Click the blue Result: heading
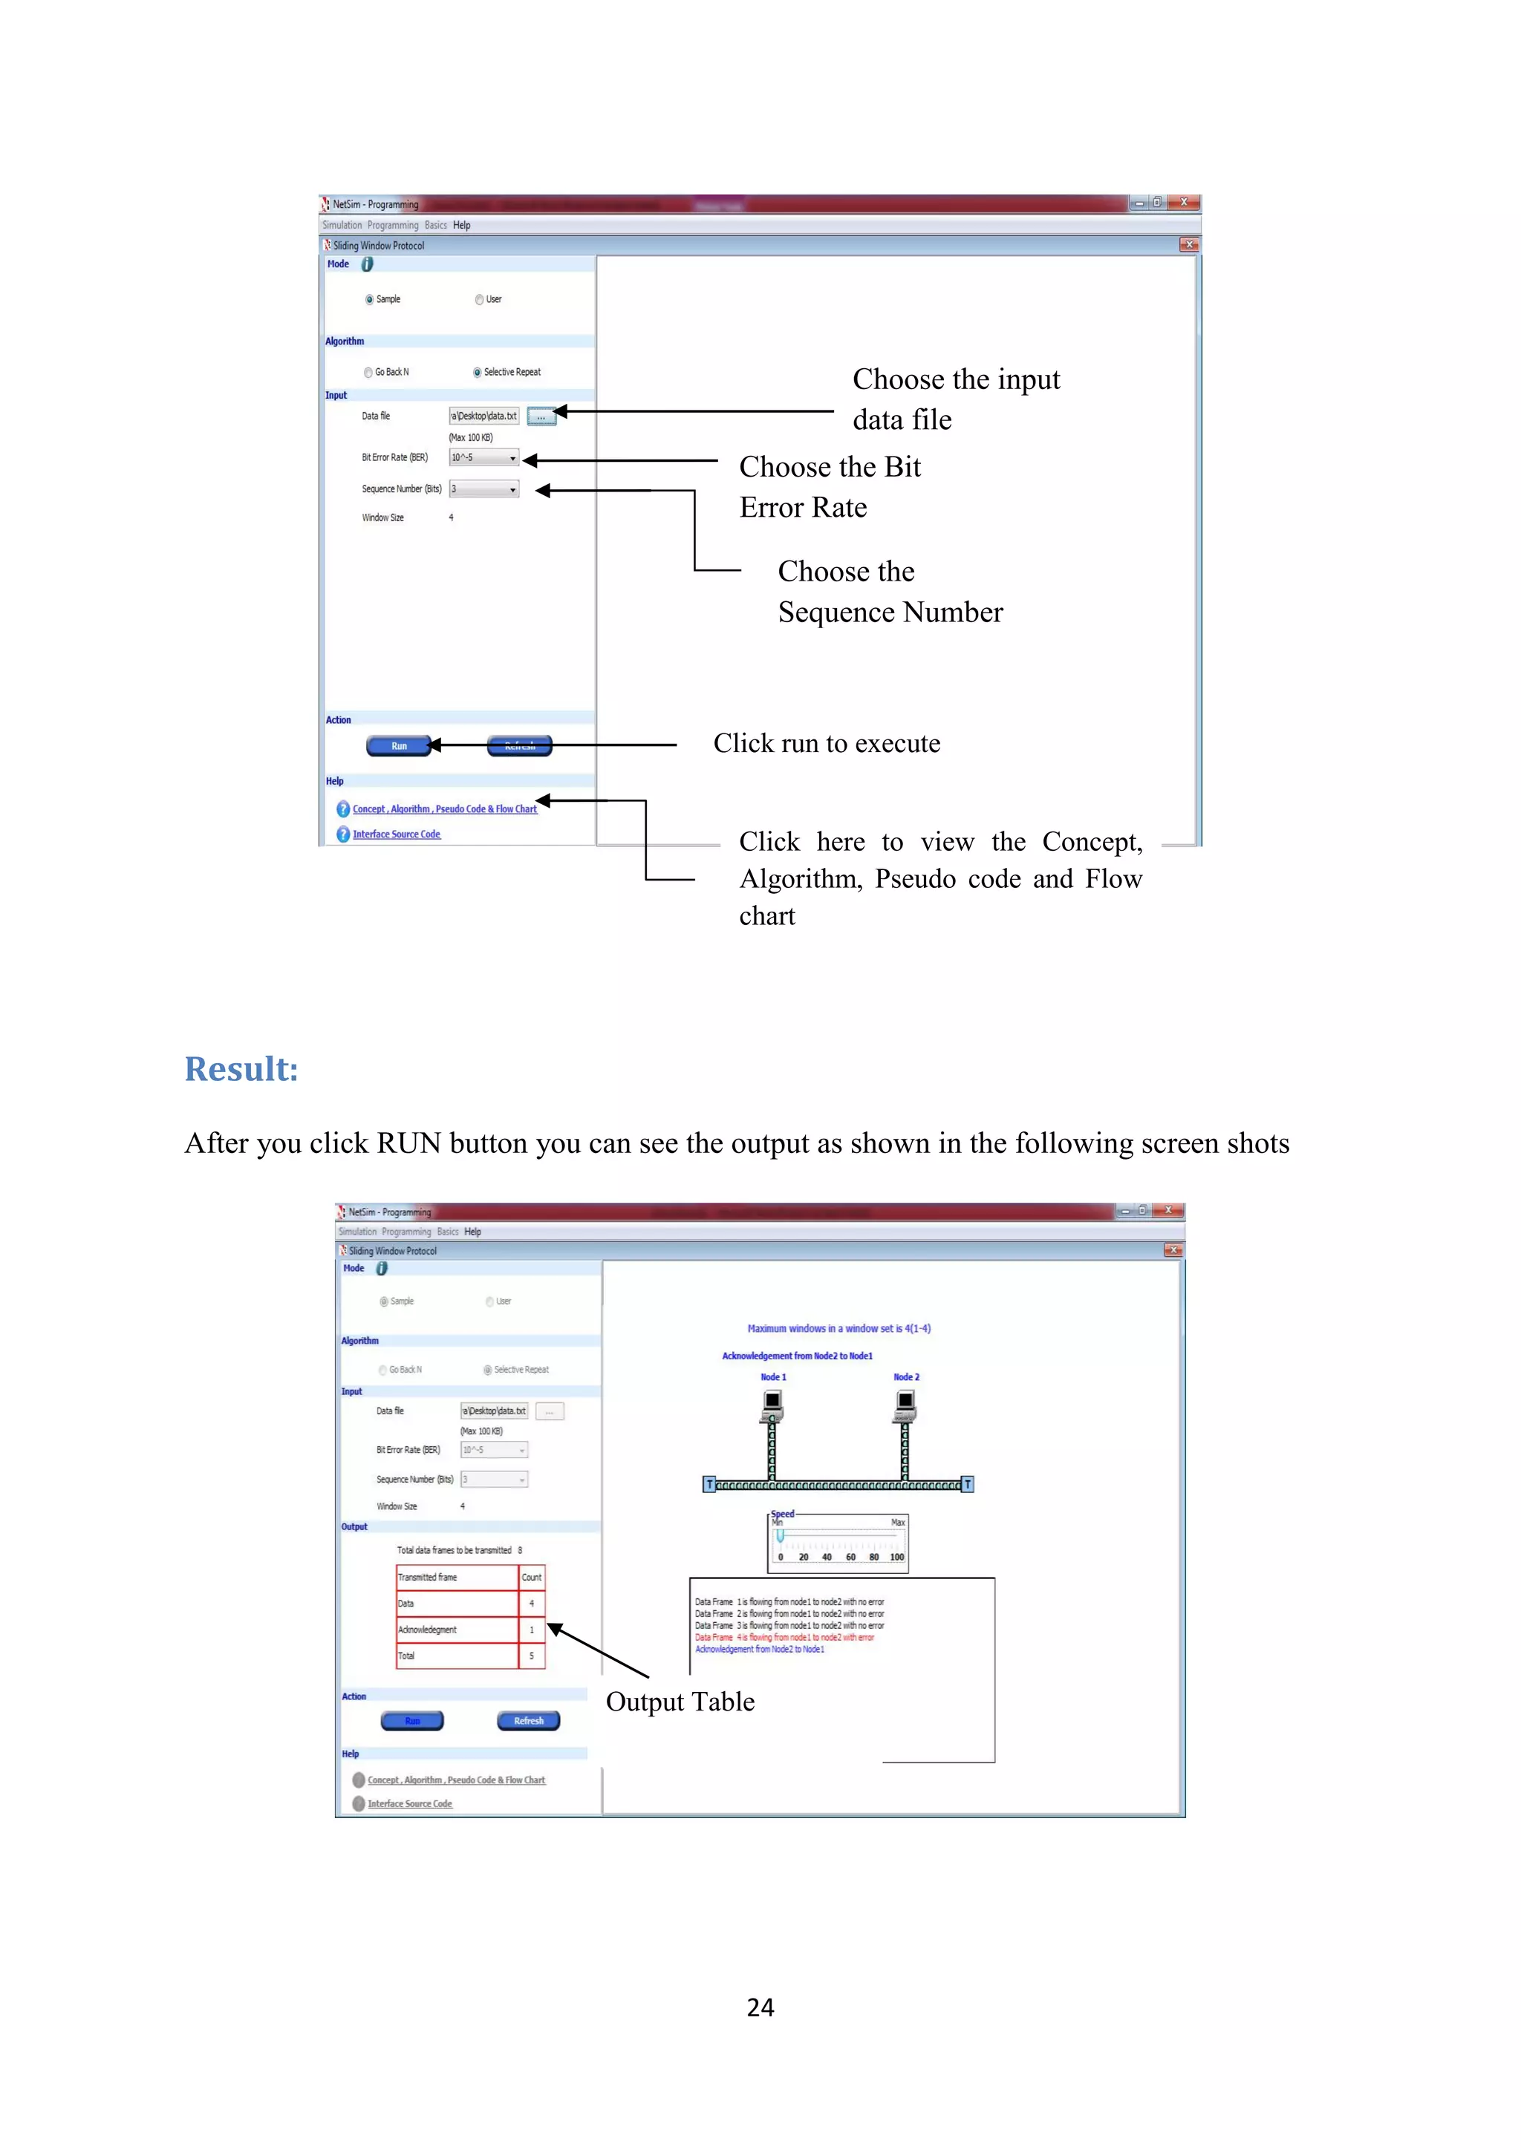(x=241, y=1069)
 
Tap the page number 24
(x=760, y=2007)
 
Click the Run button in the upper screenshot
(x=399, y=745)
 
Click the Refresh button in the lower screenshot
(x=528, y=1720)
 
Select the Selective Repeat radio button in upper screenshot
(x=478, y=372)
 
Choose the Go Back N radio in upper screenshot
(x=369, y=372)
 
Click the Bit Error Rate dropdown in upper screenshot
(x=483, y=458)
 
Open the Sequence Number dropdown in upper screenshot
(x=483, y=489)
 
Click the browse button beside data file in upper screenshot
(x=541, y=416)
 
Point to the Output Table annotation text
(x=680, y=1702)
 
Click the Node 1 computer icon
(x=772, y=1402)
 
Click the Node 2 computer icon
(x=905, y=1402)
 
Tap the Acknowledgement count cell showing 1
(x=531, y=1630)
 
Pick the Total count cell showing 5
(x=531, y=1656)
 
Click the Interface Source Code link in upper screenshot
(x=396, y=834)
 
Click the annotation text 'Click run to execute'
(x=826, y=743)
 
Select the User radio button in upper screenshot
(x=480, y=300)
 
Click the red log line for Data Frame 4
(x=784, y=1638)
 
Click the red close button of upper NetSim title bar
(x=1184, y=202)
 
